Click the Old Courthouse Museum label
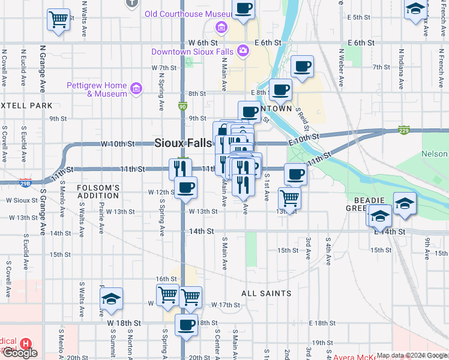click(x=187, y=14)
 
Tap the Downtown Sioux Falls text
click(x=191, y=52)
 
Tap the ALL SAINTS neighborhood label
click(x=266, y=293)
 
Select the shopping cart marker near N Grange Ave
click(x=58, y=20)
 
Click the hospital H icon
click(x=26, y=344)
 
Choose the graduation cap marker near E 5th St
click(x=415, y=10)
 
